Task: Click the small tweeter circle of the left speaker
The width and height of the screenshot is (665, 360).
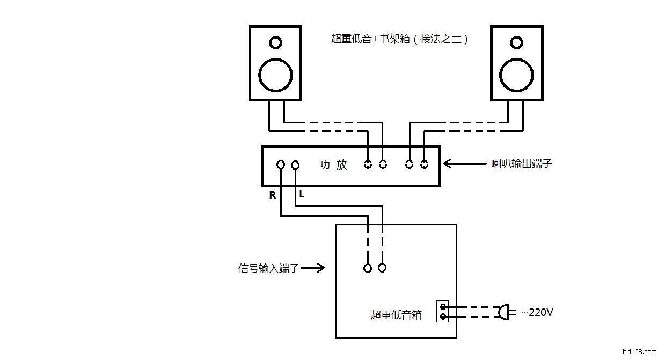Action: [275, 42]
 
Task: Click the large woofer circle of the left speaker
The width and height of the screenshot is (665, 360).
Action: [275, 75]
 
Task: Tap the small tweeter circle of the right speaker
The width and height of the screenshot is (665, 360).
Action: [517, 42]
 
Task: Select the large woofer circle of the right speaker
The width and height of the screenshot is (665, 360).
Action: [517, 75]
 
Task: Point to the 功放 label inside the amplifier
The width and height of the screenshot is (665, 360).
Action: [333, 165]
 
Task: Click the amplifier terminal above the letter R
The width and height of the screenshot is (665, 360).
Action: [281, 165]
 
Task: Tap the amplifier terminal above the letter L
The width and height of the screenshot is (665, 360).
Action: [295, 165]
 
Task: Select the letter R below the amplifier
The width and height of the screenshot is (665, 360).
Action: [273, 196]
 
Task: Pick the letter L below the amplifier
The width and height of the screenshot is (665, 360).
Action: [302, 195]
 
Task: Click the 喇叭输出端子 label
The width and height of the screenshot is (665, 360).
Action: [522, 164]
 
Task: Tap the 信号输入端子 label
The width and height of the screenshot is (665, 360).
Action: [268, 268]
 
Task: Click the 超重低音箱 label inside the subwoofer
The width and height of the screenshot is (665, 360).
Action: [396, 315]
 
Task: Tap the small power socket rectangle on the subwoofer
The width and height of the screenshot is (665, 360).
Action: [443, 311]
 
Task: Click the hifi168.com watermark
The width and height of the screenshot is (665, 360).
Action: [638, 352]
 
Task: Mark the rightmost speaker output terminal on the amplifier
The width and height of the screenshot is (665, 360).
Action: [424, 165]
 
